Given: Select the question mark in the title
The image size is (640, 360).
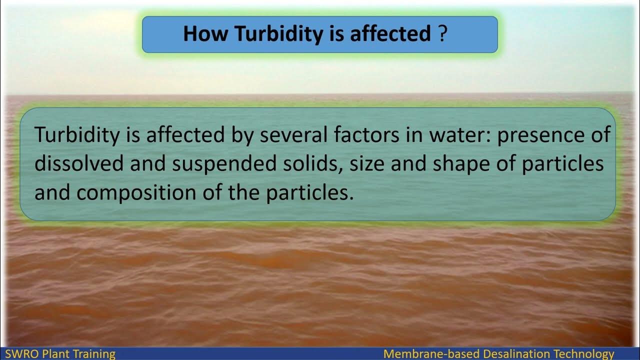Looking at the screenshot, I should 442,34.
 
